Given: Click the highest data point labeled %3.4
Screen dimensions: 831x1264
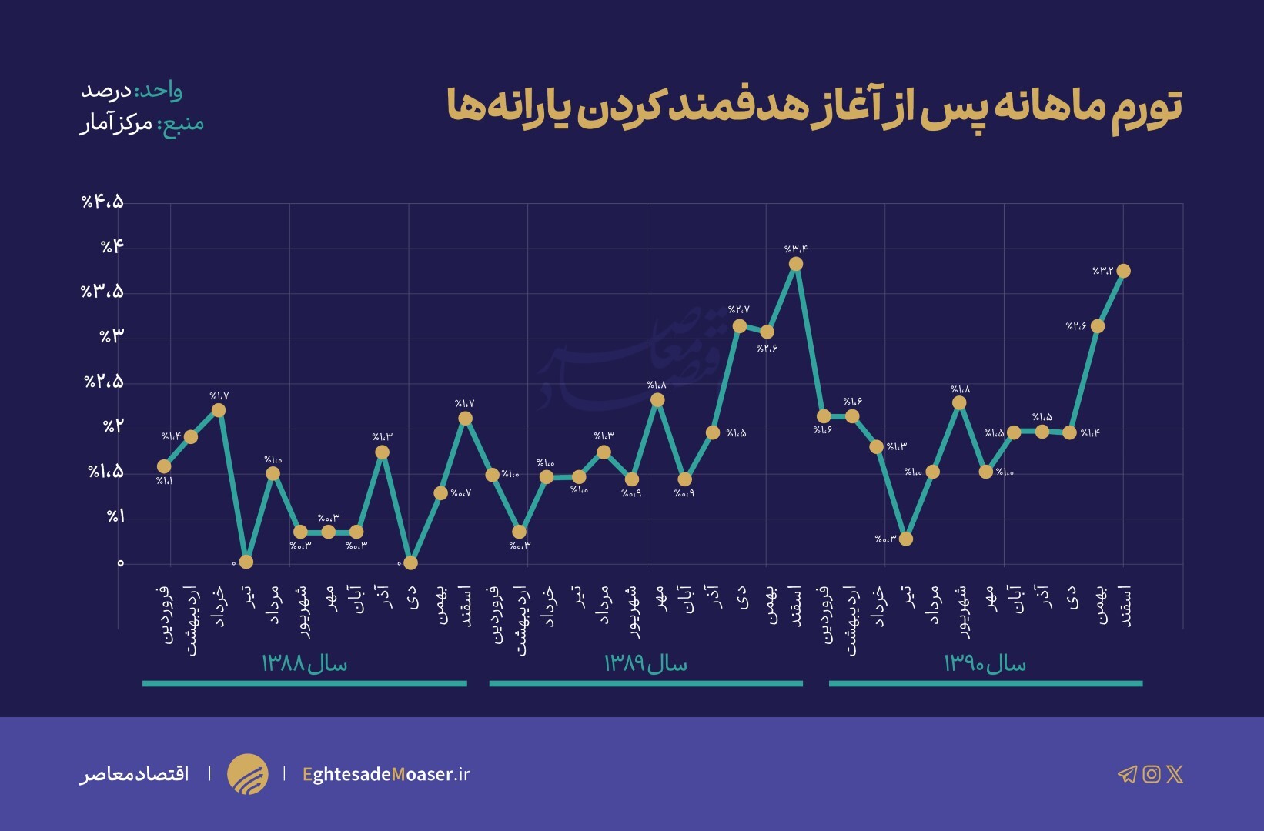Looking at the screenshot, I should [x=796, y=264].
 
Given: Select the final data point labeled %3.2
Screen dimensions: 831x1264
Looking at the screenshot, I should [x=1123, y=271].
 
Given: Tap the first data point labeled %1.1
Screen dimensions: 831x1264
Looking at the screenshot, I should [x=164, y=466].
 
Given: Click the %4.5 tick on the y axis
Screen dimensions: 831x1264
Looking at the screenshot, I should [x=102, y=202].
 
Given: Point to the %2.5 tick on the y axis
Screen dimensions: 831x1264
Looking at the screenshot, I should [x=103, y=382].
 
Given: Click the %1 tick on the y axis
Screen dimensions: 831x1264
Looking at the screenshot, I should [x=115, y=516].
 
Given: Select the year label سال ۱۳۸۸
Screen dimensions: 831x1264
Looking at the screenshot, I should [x=305, y=663].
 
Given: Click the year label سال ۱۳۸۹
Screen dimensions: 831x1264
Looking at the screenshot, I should [x=645, y=663].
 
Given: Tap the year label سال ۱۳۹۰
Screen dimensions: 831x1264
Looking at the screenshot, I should [x=985, y=663].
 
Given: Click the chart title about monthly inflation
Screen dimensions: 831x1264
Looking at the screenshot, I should [x=814, y=108].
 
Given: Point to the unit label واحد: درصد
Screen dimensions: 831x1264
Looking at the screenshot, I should [x=132, y=91].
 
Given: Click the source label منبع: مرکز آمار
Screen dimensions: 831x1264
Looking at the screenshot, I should [x=142, y=124].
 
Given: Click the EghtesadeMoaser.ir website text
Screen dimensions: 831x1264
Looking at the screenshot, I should [x=386, y=774].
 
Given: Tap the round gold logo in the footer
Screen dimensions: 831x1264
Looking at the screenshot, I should [x=247, y=774].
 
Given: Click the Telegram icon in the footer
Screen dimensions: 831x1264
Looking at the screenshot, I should [x=1127, y=774].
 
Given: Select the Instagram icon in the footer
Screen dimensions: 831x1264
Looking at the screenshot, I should [x=1152, y=774].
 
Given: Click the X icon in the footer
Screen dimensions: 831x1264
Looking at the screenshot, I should [x=1175, y=774].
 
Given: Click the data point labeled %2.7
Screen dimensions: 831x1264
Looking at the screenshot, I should [x=740, y=326].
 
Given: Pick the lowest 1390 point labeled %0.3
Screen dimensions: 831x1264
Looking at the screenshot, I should [x=906, y=539].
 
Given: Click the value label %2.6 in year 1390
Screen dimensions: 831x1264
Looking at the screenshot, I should [x=1075, y=326].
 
